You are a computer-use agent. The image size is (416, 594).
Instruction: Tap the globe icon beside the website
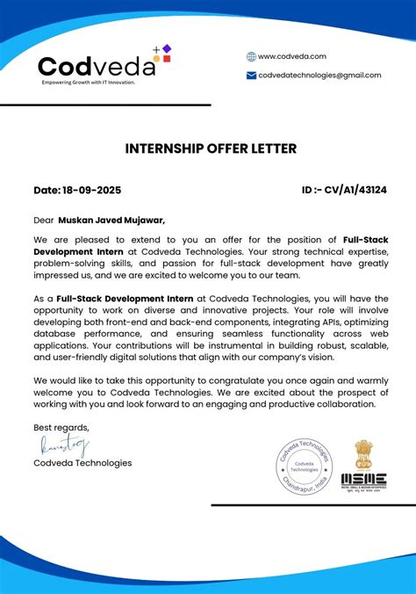tap(251, 56)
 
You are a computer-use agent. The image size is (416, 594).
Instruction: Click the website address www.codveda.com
tap(291, 56)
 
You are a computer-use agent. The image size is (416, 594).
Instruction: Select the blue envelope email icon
tap(251, 76)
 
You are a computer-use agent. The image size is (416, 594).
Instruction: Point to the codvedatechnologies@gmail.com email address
tap(319, 76)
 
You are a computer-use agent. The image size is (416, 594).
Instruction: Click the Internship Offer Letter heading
tap(211, 148)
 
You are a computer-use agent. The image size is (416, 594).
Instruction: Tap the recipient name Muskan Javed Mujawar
tap(111, 221)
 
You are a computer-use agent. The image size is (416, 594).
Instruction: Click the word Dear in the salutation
tap(44, 221)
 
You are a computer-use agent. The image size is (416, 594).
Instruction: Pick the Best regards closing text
tap(61, 428)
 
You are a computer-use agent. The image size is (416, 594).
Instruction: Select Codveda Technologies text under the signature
tap(82, 463)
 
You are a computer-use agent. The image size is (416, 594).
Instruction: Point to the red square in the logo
tap(167, 59)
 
